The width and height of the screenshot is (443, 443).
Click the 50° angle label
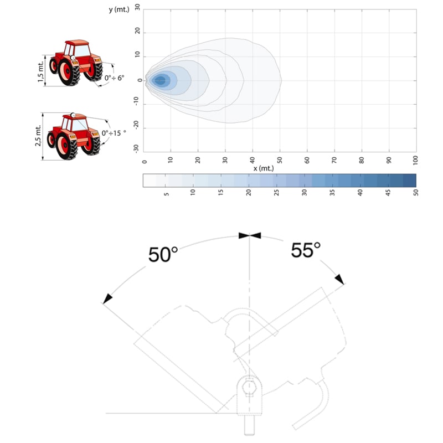[163, 254]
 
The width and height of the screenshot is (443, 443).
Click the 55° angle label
[306, 250]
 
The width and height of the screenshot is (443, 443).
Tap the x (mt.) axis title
[264, 168]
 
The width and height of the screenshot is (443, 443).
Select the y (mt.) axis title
[119, 9]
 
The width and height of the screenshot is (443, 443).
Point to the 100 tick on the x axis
[415, 160]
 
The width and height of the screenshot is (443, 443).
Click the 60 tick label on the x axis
[307, 160]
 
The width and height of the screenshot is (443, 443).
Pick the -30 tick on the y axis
[136, 148]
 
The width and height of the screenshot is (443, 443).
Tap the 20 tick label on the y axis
[137, 30]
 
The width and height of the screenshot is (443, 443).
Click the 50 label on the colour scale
[416, 193]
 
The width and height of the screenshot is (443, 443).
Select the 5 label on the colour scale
[167, 194]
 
